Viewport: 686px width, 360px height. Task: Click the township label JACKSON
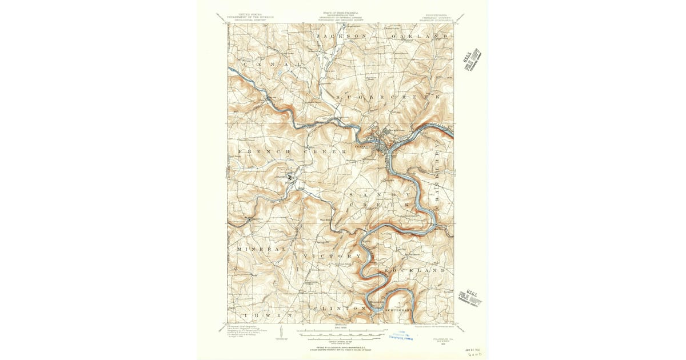(x=341, y=37)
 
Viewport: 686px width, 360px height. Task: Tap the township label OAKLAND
(x=418, y=37)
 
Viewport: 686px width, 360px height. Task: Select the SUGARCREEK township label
(x=389, y=98)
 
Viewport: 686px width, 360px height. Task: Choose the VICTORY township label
(x=333, y=255)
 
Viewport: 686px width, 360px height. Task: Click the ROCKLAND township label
(x=414, y=269)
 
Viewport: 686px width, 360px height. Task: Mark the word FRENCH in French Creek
(x=258, y=151)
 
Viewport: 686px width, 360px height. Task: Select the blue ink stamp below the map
(x=402, y=335)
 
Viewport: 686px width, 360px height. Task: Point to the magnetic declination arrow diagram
(x=281, y=332)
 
